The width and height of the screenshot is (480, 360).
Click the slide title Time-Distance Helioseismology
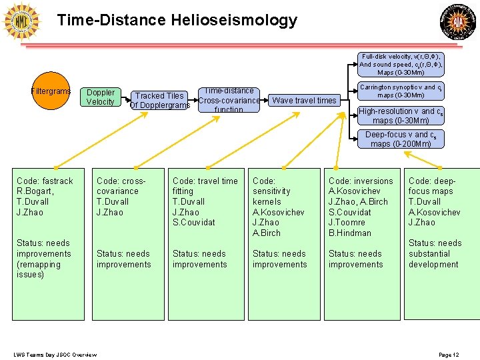pyautogui.click(x=177, y=20)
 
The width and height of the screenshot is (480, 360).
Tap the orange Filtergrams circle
pyautogui.click(x=51, y=91)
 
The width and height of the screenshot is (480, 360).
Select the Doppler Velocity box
pyautogui.click(x=101, y=97)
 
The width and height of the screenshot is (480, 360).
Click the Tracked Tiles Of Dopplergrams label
pyautogui.click(x=160, y=101)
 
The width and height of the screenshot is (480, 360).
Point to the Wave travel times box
pyautogui.click(x=304, y=101)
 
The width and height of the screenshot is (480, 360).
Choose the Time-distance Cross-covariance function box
pyautogui.click(x=229, y=100)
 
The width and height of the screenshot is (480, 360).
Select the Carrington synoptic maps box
pyautogui.click(x=400, y=91)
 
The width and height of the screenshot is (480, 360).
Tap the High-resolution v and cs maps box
pyautogui.click(x=401, y=116)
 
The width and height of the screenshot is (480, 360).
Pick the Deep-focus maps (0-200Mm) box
pyautogui.click(x=401, y=139)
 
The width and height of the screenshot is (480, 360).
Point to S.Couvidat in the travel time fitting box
pyautogui.click(x=194, y=223)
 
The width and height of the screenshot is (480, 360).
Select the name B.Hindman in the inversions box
pyautogui.click(x=350, y=233)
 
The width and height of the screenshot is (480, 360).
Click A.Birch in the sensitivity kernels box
pyautogui.click(x=267, y=233)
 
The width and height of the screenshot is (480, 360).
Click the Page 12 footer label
pyautogui.click(x=449, y=354)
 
